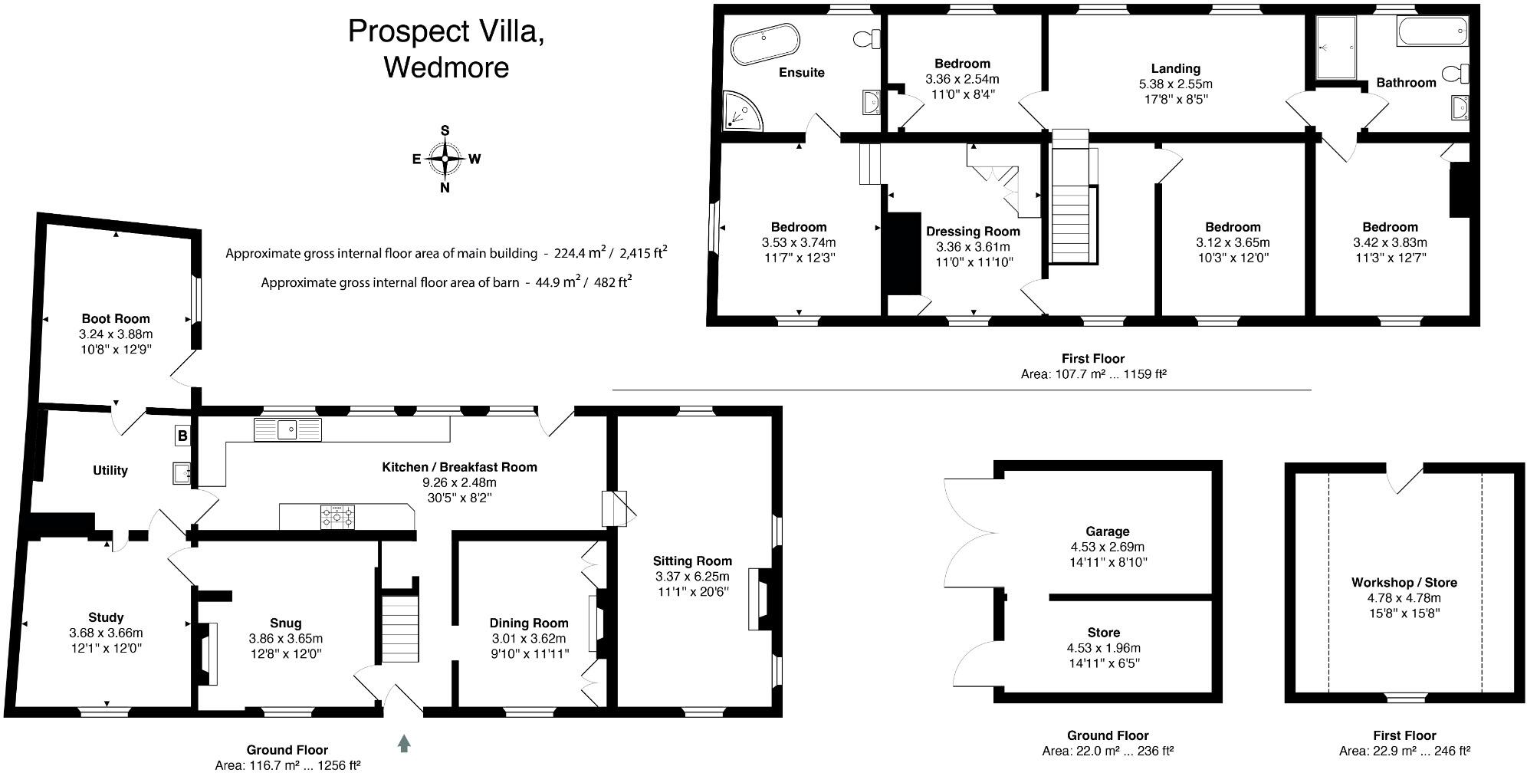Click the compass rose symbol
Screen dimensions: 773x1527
[445, 159]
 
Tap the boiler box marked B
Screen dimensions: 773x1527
[182, 436]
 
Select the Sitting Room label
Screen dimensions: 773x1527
[691, 561]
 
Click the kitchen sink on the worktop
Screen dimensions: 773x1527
[288, 429]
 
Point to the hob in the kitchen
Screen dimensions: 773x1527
[338, 516]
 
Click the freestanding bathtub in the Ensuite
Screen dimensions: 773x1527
[765, 43]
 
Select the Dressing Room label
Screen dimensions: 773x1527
[973, 231]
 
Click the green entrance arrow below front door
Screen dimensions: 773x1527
[404, 742]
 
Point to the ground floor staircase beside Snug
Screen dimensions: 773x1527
[400, 624]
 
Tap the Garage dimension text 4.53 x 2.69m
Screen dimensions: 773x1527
[1107, 547]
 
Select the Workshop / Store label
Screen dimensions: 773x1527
[1404, 582]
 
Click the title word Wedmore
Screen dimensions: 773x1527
[445, 67]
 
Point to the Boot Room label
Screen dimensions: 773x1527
[116, 318]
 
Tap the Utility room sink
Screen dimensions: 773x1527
[182, 473]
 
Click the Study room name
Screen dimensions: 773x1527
[106, 617]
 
